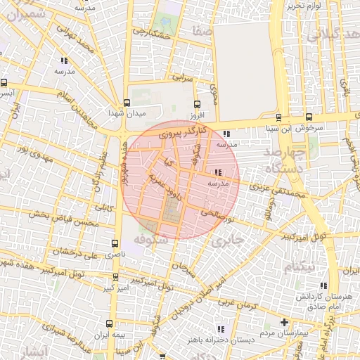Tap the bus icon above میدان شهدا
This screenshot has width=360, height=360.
click(126, 102)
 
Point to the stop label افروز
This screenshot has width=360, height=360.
click(195, 113)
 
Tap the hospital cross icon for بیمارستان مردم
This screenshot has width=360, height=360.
click(284, 323)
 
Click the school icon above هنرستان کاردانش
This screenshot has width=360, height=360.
click(323, 285)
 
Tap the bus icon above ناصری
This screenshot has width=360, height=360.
click(115, 243)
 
